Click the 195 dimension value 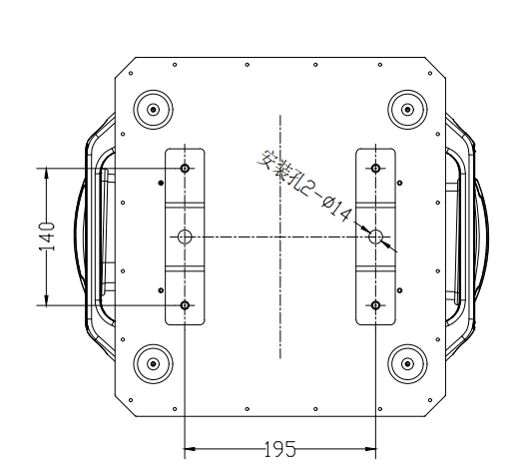(x=279, y=450)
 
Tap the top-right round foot (x=407, y=109)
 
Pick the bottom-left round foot (x=153, y=363)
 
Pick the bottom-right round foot (x=407, y=363)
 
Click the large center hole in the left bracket (x=185, y=237)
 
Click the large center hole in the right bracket (x=375, y=237)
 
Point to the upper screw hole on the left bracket (x=185, y=169)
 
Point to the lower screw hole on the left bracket (x=185, y=304)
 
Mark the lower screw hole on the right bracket (x=375, y=304)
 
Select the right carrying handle (x=469, y=236)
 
